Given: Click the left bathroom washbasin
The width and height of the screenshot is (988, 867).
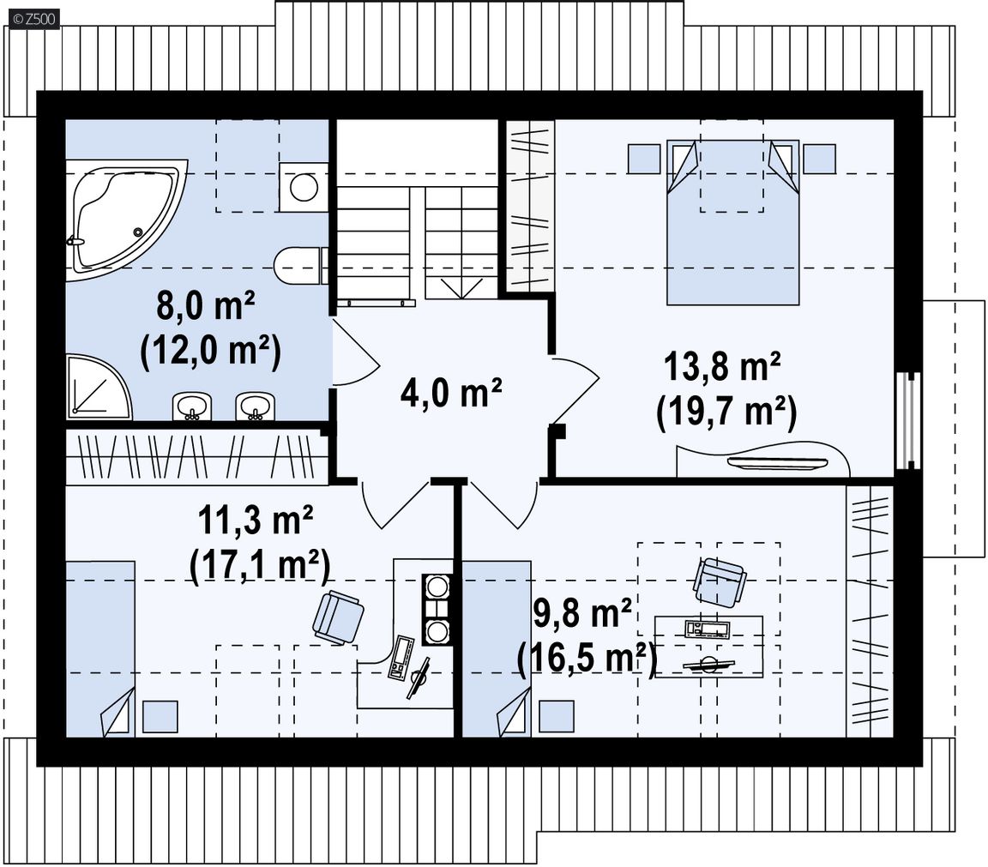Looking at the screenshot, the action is pos(191,406).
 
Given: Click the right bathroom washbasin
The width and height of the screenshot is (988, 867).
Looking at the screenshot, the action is pos(256,406).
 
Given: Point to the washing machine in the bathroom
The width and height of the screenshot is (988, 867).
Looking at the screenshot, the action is pos(304,187).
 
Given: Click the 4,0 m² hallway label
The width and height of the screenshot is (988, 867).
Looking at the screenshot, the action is pos(451,392).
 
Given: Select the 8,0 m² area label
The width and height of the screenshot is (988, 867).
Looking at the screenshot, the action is pos(206,306).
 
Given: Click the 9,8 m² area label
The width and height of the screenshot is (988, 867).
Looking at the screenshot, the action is pos(583,614).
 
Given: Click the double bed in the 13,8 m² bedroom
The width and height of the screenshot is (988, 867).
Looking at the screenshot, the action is pos(732,222).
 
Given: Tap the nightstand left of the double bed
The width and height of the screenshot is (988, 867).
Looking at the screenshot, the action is pos(644,158).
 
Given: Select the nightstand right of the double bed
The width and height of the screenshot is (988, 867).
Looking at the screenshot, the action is pos(820,158).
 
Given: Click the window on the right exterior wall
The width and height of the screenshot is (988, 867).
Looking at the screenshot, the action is pos(907,421).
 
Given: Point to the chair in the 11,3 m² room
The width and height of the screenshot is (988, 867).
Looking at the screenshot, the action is pos(339,617).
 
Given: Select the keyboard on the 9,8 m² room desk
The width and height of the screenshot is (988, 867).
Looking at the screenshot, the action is pos(708,629).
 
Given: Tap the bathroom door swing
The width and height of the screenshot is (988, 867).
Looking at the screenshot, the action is pos(355,352).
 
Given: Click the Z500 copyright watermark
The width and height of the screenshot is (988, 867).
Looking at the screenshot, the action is pos(34,20).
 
